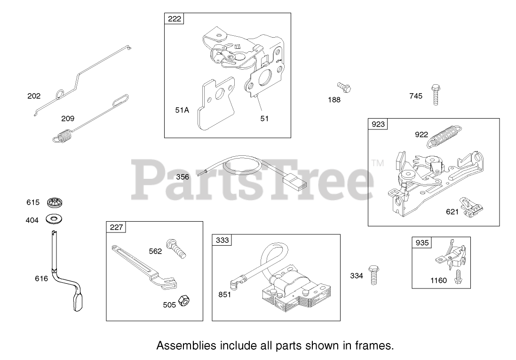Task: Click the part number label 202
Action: (x=34, y=96)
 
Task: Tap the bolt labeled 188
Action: (x=344, y=87)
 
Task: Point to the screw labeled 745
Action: (x=435, y=95)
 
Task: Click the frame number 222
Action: (x=174, y=19)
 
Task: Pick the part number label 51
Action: (x=264, y=119)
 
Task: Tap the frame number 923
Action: (x=377, y=124)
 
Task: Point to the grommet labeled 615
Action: (x=56, y=203)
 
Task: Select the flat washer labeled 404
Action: (x=55, y=219)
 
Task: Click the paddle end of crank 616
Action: (x=79, y=302)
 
